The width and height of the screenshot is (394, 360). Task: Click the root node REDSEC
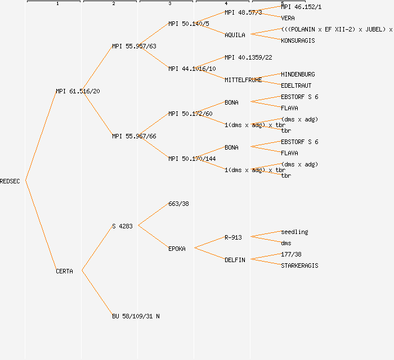(10, 181)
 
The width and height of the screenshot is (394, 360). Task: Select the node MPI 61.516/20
(78, 91)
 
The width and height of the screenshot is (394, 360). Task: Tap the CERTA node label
(64, 271)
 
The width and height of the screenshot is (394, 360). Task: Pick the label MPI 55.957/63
(134, 46)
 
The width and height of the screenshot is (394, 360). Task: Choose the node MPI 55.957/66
(134, 136)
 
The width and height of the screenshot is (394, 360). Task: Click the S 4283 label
(122, 226)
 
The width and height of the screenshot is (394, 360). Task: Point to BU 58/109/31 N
(136, 316)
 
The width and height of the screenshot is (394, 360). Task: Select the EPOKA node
(177, 249)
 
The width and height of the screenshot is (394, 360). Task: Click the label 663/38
(178, 204)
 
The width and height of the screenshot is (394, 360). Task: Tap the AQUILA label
(235, 35)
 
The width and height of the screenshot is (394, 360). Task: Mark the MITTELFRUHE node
(243, 80)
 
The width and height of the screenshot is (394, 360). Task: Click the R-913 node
(233, 237)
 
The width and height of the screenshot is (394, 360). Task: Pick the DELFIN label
(235, 260)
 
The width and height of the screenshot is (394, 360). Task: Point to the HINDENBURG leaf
(298, 74)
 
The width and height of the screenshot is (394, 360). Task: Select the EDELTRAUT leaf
(296, 85)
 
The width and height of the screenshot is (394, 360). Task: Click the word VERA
(288, 18)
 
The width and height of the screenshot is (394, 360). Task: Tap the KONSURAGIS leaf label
(298, 40)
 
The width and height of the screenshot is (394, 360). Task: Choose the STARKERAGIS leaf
(299, 265)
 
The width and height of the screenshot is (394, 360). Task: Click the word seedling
(294, 232)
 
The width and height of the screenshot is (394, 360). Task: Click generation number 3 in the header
(169, 4)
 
